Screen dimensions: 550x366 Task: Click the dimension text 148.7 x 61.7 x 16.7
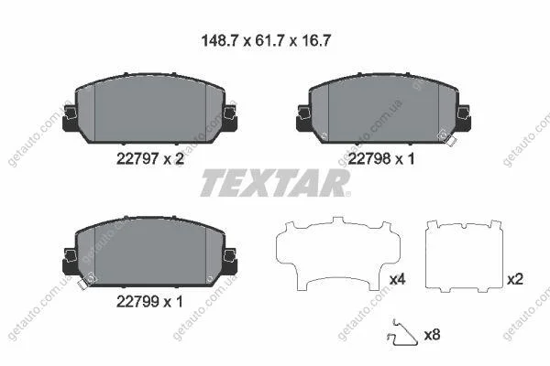coord(266,41)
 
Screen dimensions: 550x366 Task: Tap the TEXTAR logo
coord(275,182)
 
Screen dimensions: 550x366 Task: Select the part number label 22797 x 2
coord(149,159)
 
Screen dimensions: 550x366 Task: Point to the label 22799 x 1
coord(149,302)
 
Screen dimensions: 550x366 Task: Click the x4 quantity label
coord(398,279)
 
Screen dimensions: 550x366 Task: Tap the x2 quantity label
coord(515,279)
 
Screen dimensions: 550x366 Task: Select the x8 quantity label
coord(432,335)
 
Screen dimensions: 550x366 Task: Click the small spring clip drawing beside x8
coord(403,333)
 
